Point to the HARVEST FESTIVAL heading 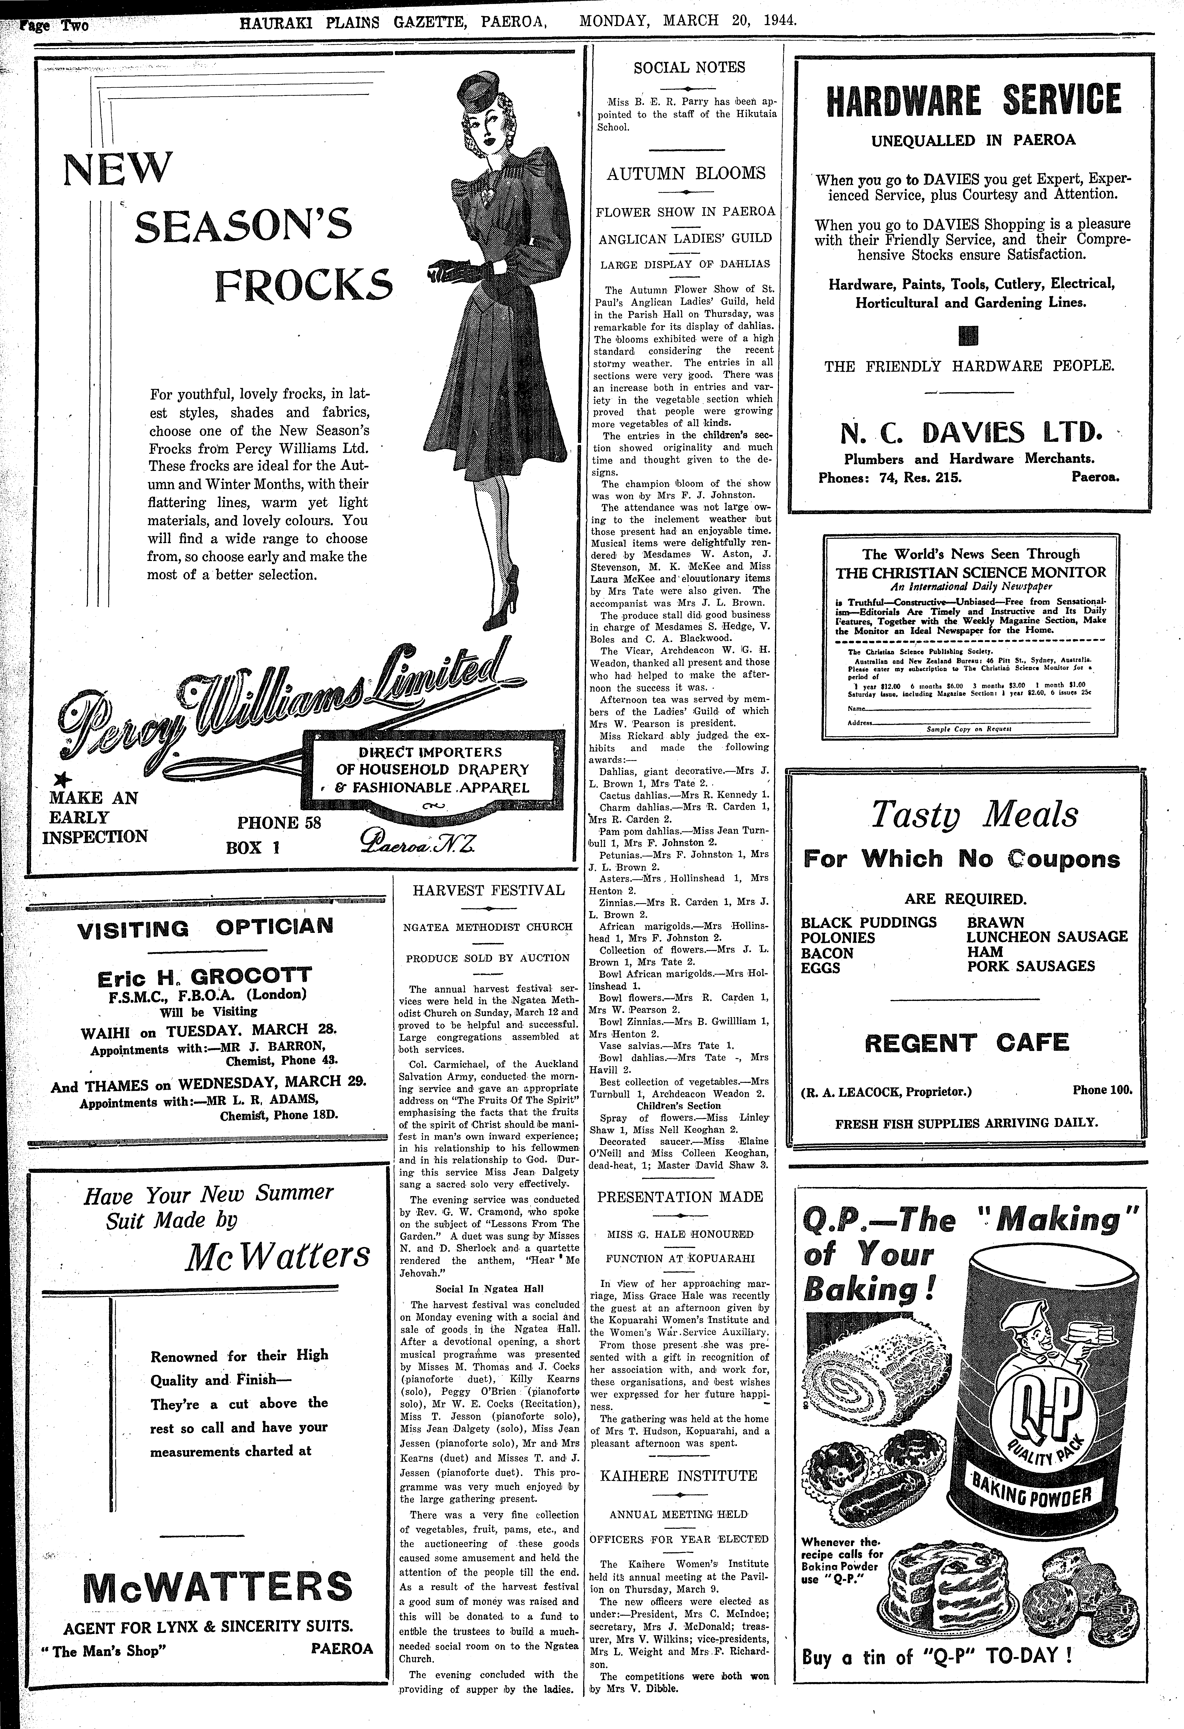pyautogui.click(x=489, y=890)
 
